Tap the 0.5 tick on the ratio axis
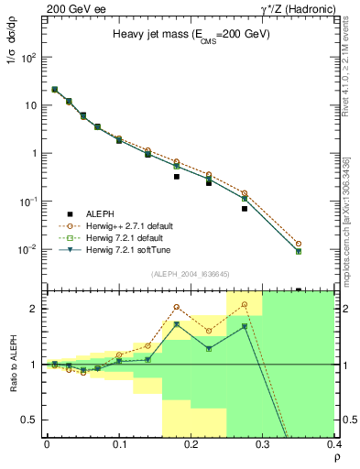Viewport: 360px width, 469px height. coord(32,420)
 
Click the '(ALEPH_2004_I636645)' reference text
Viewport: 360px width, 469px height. coord(191,273)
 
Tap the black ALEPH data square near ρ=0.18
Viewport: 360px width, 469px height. coord(177,177)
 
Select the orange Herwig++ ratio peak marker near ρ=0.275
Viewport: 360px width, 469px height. coord(245,304)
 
